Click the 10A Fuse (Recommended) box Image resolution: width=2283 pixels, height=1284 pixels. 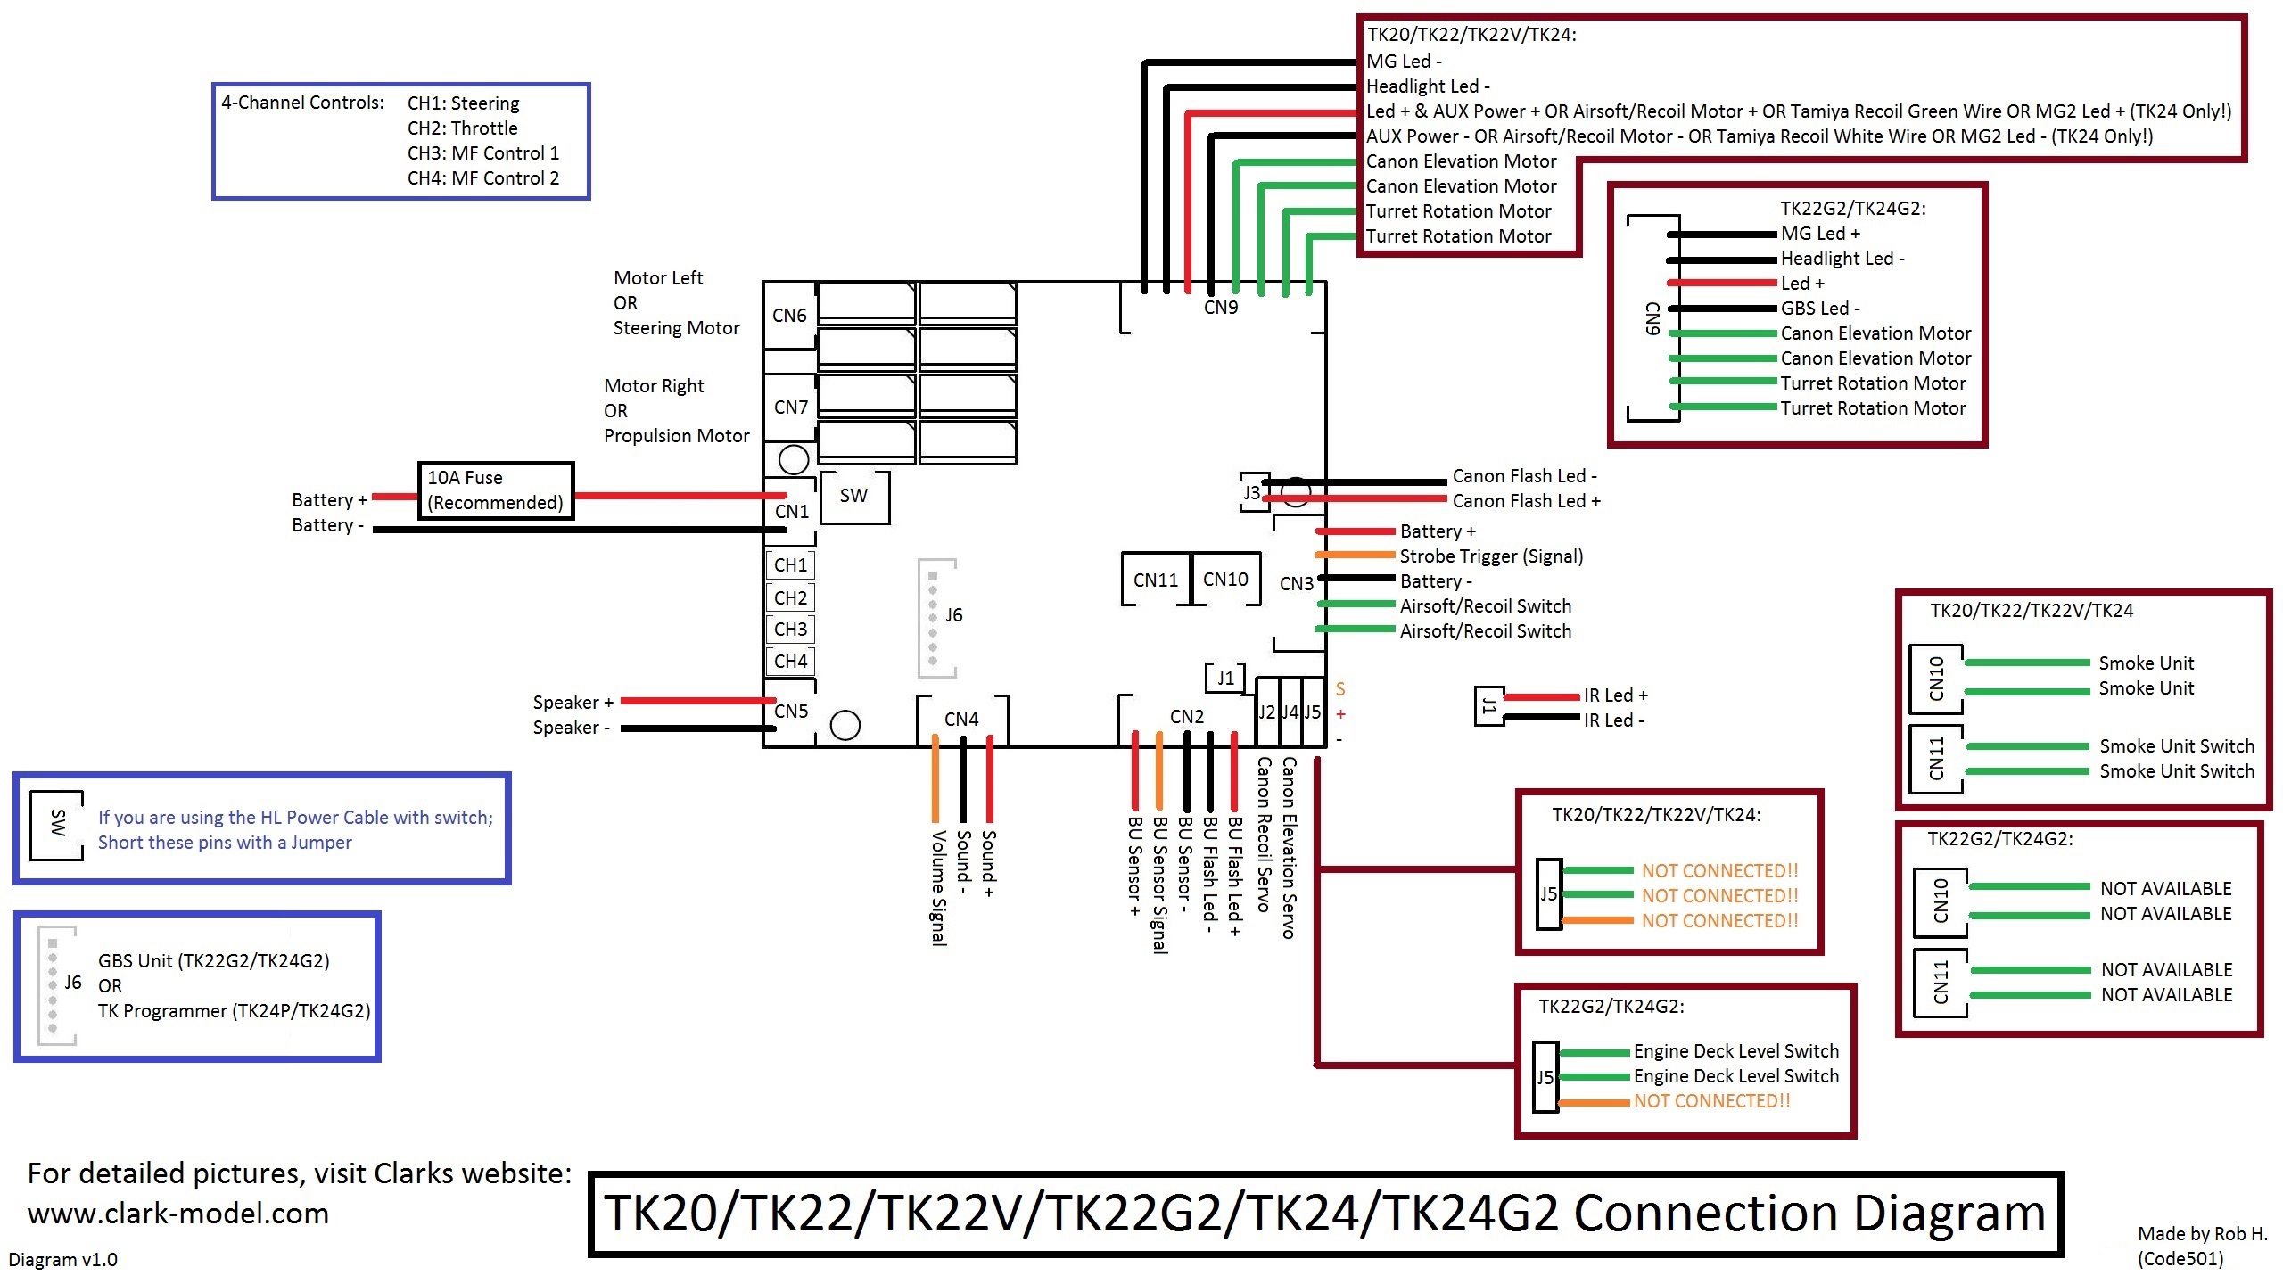coord(496,490)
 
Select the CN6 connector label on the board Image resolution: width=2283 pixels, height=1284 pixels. coord(789,316)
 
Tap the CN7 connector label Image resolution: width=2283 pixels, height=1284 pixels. coord(790,407)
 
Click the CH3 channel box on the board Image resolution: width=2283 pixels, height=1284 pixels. coord(790,630)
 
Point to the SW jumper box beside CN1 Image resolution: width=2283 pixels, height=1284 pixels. coord(853,496)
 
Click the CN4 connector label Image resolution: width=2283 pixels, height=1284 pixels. coord(961,720)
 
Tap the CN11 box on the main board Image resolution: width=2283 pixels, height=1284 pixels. coord(1155,580)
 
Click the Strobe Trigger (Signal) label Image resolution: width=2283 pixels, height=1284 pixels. coord(1491,556)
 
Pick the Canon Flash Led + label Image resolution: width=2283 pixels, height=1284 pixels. coord(1526,501)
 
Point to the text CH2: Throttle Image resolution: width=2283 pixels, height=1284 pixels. coord(462,128)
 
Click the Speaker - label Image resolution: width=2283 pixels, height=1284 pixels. coord(571,728)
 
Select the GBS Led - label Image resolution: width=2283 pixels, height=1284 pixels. coord(1819,309)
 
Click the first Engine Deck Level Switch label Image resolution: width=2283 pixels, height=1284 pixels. coord(1735,1051)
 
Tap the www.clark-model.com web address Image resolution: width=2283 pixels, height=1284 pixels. coord(178,1214)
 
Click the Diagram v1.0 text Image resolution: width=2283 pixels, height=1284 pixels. coord(62,1260)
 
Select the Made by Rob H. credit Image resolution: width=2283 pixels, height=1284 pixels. coord(2201,1234)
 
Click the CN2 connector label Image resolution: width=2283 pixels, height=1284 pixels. coord(1186,717)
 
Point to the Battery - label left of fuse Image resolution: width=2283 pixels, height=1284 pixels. coord(326,525)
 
